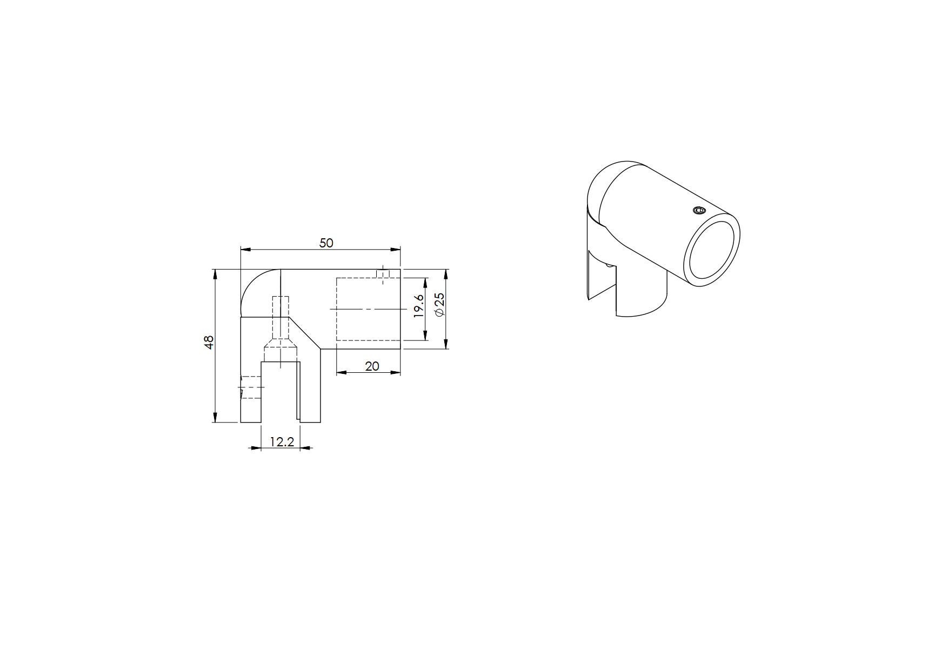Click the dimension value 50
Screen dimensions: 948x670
click(x=326, y=243)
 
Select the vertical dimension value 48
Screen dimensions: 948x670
click(x=209, y=341)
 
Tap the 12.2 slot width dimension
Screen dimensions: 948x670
click(x=282, y=442)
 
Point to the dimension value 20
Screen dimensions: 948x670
click(x=372, y=366)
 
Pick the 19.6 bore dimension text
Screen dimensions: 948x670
click(x=418, y=306)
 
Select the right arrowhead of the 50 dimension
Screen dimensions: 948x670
click(x=396, y=250)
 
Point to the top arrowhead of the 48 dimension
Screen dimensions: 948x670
click(x=215, y=274)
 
